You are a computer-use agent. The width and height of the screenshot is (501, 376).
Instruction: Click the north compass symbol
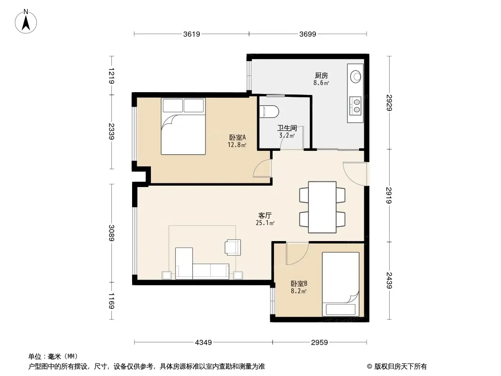pos(26,22)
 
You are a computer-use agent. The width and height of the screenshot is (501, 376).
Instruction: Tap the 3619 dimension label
pos(192,34)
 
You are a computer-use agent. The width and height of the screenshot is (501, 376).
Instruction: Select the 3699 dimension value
pos(308,34)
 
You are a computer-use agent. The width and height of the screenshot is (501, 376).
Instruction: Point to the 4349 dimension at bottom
pos(204,343)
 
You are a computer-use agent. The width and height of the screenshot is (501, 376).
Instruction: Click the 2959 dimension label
pos(320,343)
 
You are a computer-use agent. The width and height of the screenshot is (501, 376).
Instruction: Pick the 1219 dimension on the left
pos(111,76)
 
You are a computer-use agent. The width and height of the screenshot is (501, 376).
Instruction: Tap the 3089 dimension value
pos(111,233)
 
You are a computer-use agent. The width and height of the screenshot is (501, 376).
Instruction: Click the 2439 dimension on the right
pos(389,280)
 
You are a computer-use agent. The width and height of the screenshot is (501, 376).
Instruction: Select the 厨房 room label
pos(321,75)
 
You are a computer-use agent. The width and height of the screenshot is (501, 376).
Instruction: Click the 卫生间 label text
pos(287,128)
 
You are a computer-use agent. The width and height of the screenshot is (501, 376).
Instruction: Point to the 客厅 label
pos(265,216)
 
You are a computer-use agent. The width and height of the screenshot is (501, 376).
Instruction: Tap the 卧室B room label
pos(299,284)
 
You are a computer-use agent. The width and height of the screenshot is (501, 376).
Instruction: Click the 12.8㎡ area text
pos(237,145)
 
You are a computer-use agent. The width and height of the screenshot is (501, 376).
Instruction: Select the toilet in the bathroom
pos(270,111)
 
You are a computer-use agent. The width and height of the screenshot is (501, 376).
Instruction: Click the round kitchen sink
pos(356,77)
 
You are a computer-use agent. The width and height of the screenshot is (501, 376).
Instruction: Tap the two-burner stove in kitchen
pos(355,106)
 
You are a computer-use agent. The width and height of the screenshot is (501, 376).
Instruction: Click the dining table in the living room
pos(322,207)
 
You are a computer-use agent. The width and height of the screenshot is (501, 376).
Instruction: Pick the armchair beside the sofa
pos(233,247)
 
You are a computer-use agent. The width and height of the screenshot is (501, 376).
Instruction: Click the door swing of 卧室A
pos(262,168)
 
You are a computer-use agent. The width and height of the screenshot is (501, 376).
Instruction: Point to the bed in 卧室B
pos(340,284)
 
